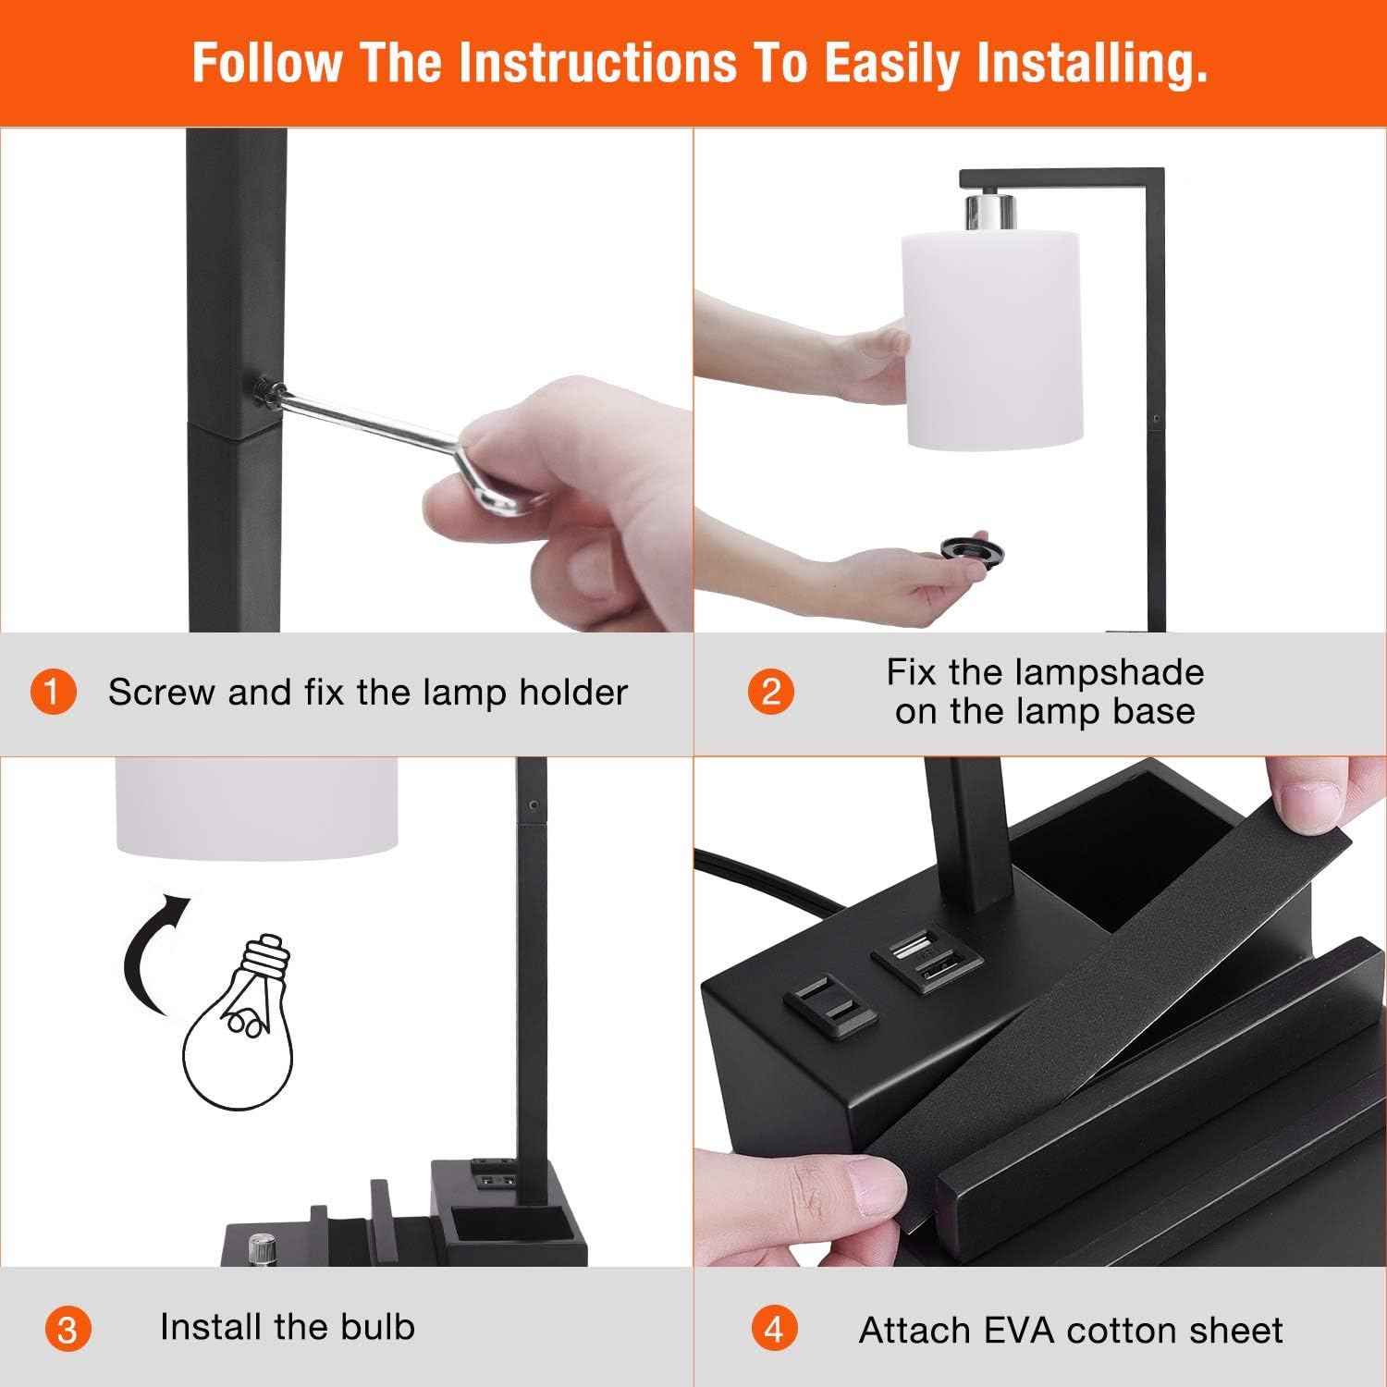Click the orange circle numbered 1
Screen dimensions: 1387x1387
[52, 692]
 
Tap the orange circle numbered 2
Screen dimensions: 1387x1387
[771, 692]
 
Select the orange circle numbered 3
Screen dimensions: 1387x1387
[68, 1330]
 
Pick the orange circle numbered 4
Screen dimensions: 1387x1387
[774, 1330]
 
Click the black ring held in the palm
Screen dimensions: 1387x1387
[974, 549]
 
